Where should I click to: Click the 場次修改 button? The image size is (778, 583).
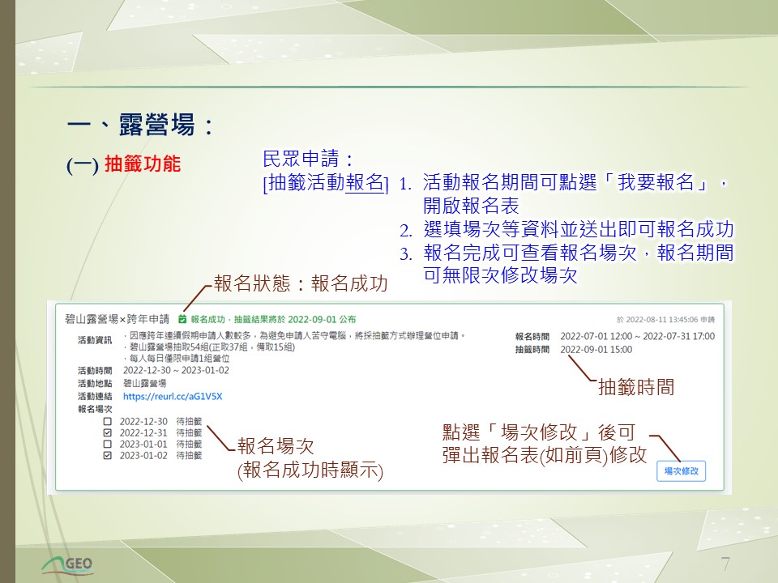coord(681,471)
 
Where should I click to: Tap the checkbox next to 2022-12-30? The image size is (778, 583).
coord(107,421)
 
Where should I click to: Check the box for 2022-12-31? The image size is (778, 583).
coord(107,432)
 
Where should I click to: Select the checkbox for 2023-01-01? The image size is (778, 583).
coord(107,445)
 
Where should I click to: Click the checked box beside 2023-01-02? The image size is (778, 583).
coord(107,456)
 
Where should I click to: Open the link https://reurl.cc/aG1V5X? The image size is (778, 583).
coord(173,396)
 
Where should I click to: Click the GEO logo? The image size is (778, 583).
coord(67,564)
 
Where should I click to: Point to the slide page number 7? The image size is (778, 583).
coord(725,564)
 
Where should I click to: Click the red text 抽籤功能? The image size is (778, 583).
coord(143,164)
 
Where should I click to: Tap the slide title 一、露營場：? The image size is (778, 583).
coord(141,124)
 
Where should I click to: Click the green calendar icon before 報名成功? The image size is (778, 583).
coord(182,319)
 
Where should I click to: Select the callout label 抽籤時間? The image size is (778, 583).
coord(636,387)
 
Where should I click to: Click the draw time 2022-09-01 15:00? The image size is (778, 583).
coord(596,350)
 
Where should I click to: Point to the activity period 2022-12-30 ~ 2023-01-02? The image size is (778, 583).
coord(176,370)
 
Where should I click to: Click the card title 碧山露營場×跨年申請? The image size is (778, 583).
coord(117,319)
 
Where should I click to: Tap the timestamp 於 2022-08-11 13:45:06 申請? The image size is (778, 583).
coord(665,320)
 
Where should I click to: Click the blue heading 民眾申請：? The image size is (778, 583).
coord(309,160)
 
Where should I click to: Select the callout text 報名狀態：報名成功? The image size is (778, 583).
coord(301,283)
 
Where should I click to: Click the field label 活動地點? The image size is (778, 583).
coord(95,383)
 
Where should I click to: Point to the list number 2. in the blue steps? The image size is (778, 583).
coord(406,231)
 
